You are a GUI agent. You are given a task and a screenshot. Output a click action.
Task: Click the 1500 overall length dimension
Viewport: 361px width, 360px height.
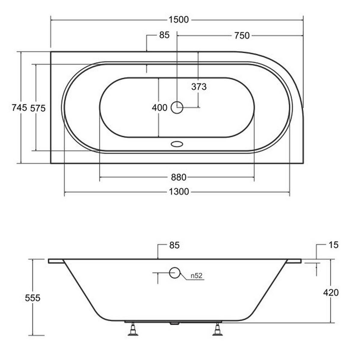(x=179, y=20)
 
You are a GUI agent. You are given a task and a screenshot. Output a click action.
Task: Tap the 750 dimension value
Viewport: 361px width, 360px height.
(x=242, y=35)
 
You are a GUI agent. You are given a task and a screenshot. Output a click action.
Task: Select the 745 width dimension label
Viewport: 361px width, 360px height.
(x=19, y=108)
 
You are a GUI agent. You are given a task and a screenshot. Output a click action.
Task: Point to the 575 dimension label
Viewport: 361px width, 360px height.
(x=38, y=108)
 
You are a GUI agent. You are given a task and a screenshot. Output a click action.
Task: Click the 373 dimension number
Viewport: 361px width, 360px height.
(x=199, y=87)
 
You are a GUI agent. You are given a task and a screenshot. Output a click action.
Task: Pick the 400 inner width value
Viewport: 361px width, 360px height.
(x=159, y=108)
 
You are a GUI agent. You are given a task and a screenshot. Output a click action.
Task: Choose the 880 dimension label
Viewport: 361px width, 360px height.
(x=178, y=177)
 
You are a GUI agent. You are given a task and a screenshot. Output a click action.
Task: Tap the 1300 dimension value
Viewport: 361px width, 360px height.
(x=179, y=192)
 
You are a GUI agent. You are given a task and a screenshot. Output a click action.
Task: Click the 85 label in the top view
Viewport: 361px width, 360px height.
(x=164, y=35)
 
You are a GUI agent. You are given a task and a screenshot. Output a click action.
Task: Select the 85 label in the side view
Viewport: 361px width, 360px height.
(x=174, y=245)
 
